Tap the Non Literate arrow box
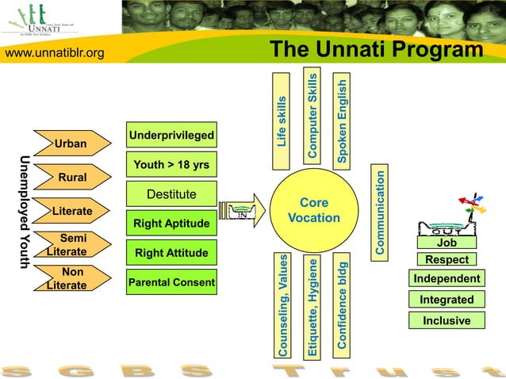(x=70, y=278)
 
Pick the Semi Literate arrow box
(x=70, y=245)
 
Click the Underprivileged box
(x=172, y=136)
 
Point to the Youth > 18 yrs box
(x=172, y=165)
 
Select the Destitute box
(x=172, y=194)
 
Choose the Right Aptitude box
(x=172, y=224)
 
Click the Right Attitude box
(x=172, y=253)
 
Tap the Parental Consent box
(x=172, y=282)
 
